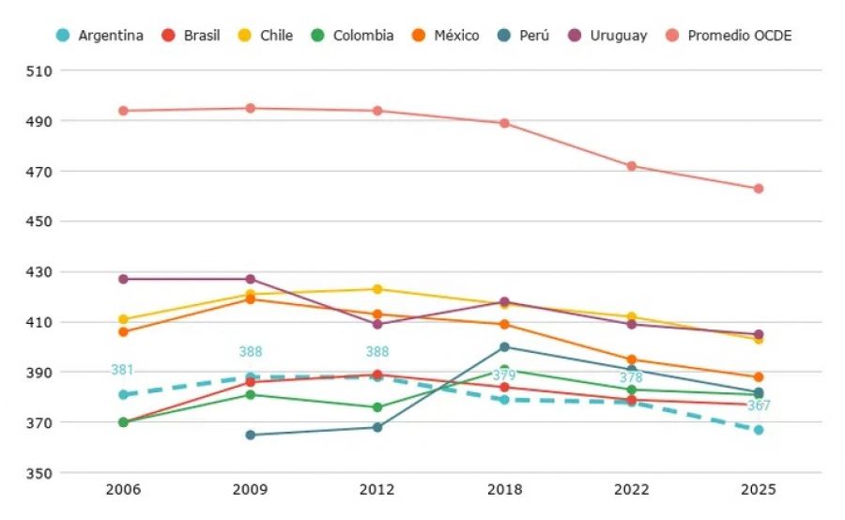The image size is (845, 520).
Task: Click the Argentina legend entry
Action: (100, 36)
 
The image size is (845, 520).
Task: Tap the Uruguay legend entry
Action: (607, 36)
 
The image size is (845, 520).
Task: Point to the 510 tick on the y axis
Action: (38, 71)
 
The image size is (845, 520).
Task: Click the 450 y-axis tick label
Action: (38, 222)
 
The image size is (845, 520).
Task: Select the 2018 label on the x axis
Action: (504, 489)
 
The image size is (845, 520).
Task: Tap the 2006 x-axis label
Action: (123, 489)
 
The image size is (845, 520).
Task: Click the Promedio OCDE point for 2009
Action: (251, 108)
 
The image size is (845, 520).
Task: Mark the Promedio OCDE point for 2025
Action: (759, 189)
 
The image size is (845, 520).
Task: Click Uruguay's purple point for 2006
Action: (123, 279)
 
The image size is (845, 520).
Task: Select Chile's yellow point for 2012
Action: (377, 289)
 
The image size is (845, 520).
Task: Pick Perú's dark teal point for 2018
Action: (504, 347)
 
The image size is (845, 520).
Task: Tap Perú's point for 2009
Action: (251, 435)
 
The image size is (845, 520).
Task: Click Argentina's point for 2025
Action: (759, 430)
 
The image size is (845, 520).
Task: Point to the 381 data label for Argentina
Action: (122, 370)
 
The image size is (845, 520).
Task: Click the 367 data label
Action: (759, 405)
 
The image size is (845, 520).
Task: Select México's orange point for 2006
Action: (123, 332)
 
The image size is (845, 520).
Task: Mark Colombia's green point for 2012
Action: (377, 407)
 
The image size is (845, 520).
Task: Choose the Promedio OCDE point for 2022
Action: (631, 166)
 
